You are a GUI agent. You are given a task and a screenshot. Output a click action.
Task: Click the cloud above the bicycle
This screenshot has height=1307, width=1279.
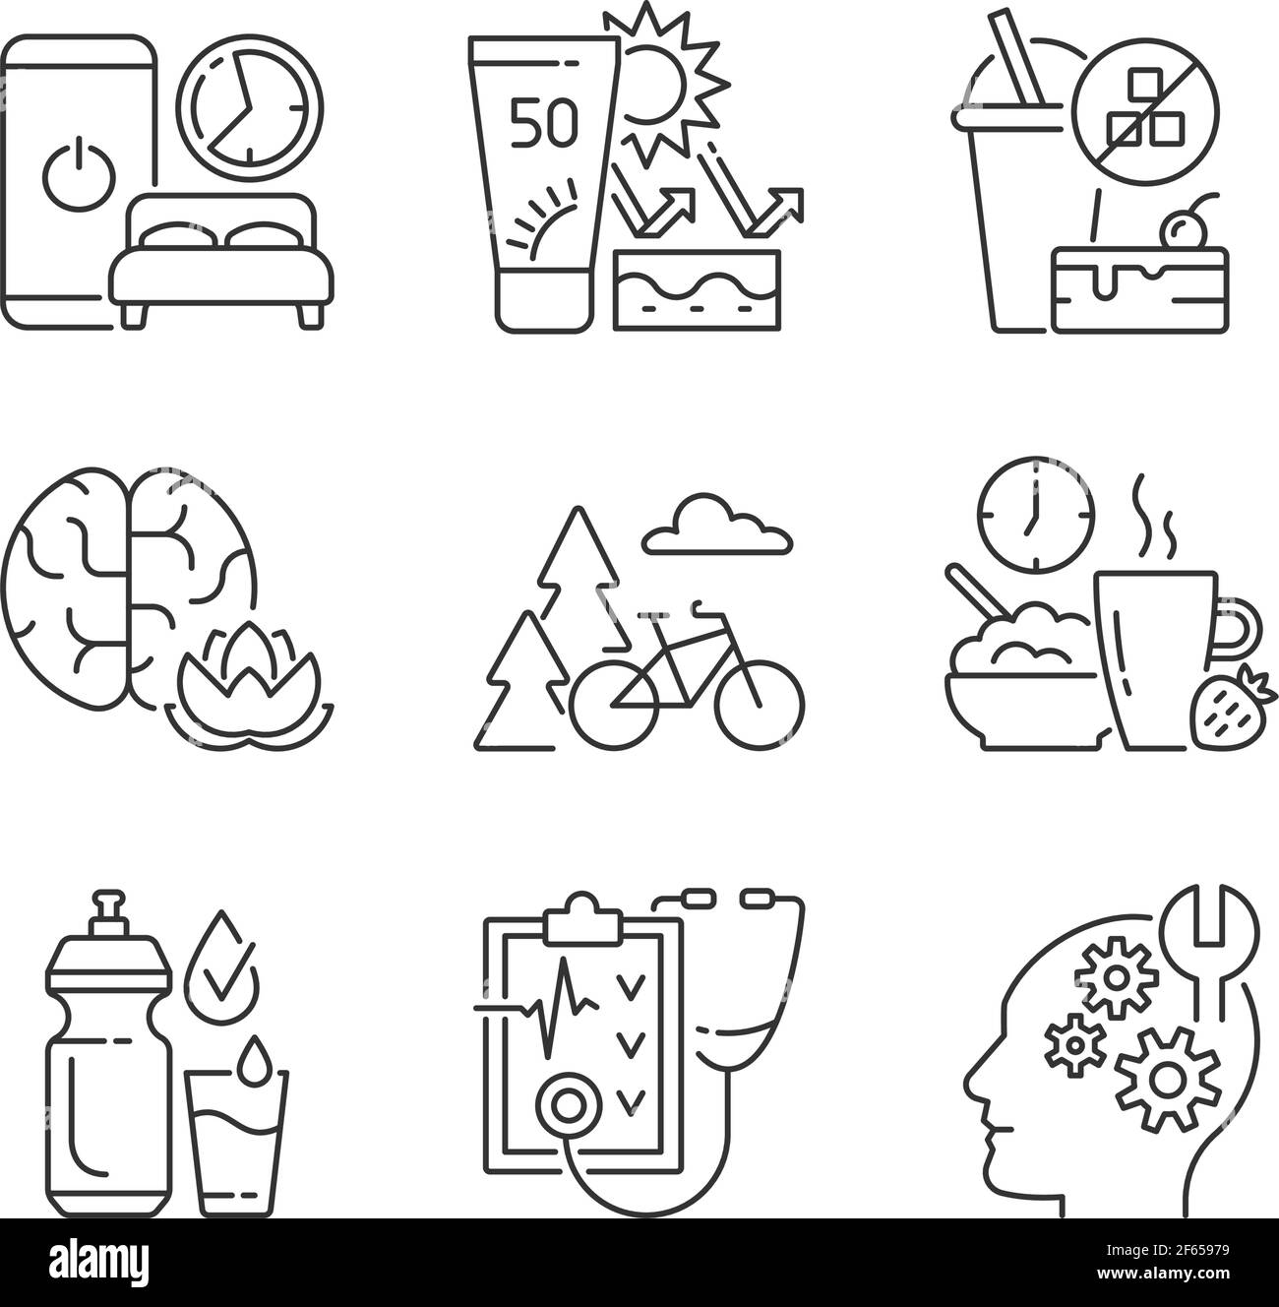coord(716,531)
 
